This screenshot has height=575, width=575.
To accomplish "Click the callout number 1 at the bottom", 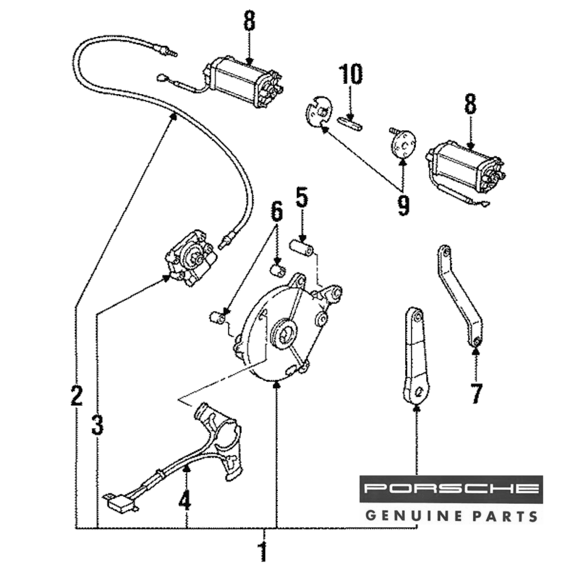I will (x=263, y=552).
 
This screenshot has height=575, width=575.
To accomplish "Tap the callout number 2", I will (x=76, y=396).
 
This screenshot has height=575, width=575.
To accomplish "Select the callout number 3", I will (x=97, y=425).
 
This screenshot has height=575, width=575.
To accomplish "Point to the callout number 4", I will (x=184, y=502).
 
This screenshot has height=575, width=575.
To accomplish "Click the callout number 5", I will (x=302, y=198).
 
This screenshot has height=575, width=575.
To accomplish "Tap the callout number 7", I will (x=476, y=393).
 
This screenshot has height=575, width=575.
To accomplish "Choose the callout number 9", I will (x=403, y=205).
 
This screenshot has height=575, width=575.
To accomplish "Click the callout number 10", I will (x=350, y=75).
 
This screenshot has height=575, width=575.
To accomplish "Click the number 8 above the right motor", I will (x=470, y=105).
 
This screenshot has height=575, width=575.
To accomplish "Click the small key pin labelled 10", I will (x=350, y=121).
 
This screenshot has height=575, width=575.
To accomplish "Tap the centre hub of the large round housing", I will (x=285, y=333).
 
